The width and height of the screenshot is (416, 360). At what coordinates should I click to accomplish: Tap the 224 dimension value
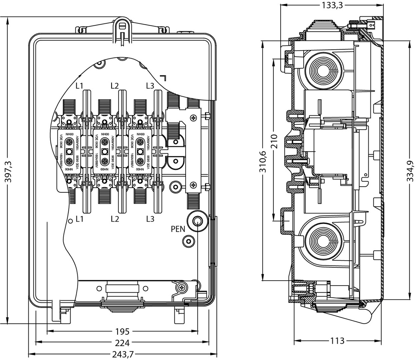click(x=122, y=342)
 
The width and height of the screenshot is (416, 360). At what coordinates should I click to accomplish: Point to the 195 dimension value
click(x=122, y=332)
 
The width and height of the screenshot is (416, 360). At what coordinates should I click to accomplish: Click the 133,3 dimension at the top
click(x=332, y=5)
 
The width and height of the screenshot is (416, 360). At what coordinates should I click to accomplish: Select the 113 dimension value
click(x=337, y=341)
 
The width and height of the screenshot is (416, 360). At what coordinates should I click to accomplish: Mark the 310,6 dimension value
click(x=263, y=161)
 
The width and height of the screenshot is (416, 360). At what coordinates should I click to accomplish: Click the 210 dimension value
click(x=274, y=141)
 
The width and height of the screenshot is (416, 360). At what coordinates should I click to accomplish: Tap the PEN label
click(x=178, y=229)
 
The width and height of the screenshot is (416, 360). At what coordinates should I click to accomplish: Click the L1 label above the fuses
click(x=79, y=86)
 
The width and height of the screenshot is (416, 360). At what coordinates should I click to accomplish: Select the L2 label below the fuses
click(x=115, y=219)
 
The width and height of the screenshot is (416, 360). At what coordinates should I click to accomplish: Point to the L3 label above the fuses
click(x=150, y=86)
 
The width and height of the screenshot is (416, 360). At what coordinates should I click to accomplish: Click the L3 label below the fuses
click(x=150, y=219)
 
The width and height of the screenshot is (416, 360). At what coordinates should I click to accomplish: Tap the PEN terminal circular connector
click(x=197, y=220)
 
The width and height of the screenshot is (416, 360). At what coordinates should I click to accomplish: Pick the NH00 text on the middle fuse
click(x=105, y=134)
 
